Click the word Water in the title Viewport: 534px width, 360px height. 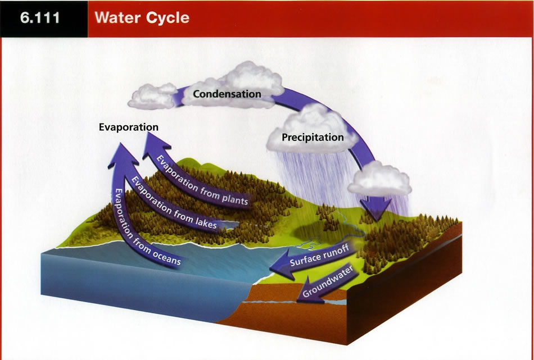[x=116, y=17]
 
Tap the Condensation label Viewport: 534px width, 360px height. [x=227, y=94]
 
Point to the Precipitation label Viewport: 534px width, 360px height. [x=313, y=137]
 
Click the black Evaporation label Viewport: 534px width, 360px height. [x=129, y=127]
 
